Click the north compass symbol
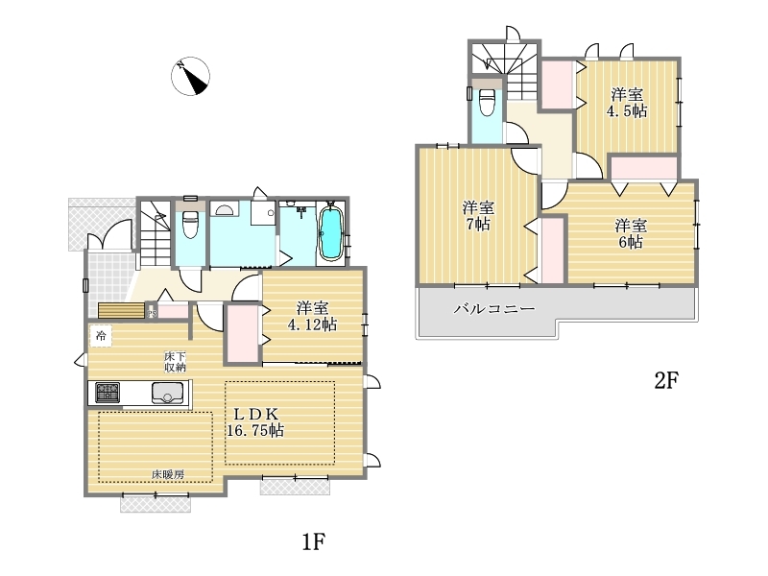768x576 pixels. (190, 76)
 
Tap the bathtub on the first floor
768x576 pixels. (331, 233)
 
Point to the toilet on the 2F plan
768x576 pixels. (487, 102)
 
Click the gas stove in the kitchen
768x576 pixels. (108, 392)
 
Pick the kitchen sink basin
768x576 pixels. (167, 393)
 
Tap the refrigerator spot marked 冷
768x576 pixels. (101, 336)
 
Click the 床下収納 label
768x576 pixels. (175, 362)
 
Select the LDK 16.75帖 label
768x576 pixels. (255, 422)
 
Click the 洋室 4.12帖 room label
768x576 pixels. (312, 317)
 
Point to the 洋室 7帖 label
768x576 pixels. (478, 216)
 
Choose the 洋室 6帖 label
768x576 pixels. (631, 233)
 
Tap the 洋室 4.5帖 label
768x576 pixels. (627, 103)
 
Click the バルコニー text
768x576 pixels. (494, 308)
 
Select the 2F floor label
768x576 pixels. (666, 380)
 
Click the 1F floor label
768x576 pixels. (314, 541)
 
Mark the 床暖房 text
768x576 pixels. (167, 474)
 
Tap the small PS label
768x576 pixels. (153, 313)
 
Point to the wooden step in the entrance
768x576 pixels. (122, 310)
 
